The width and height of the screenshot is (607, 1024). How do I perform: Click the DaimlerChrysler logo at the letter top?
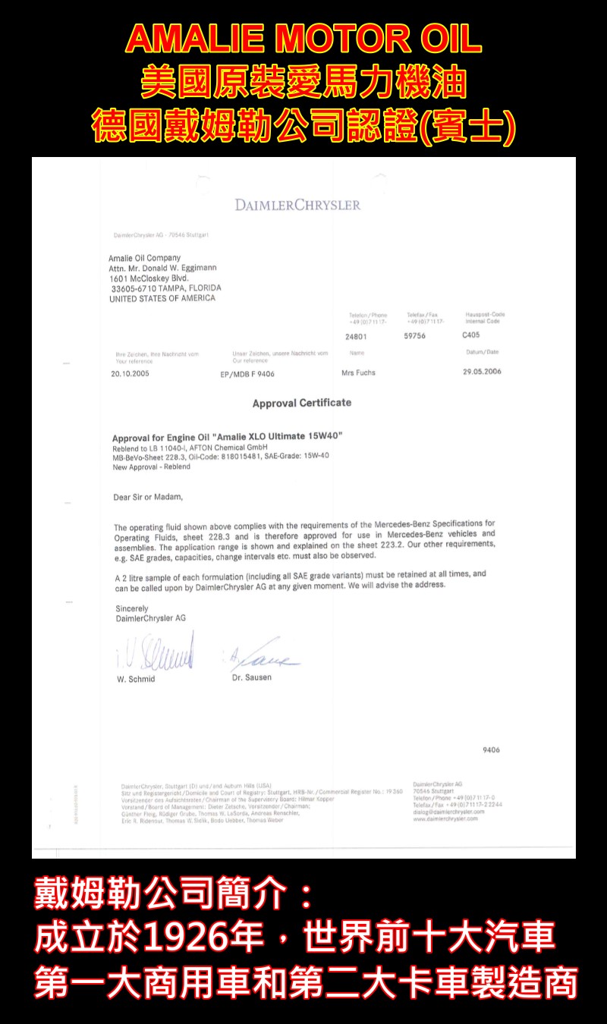[x=297, y=205]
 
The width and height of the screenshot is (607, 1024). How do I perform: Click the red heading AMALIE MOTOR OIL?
[x=303, y=39]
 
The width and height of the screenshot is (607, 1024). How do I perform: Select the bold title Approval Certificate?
[x=302, y=403]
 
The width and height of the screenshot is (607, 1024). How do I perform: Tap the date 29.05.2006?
[x=482, y=372]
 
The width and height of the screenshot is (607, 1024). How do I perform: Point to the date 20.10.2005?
[x=131, y=374]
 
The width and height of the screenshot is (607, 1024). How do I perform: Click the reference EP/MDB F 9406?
[x=247, y=374]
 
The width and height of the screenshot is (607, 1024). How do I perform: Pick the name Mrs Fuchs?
[x=358, y=373]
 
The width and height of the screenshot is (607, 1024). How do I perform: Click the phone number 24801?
[x=356, y=337]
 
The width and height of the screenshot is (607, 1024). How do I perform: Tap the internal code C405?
[x=470, y=335]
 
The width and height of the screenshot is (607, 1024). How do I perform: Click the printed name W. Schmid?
[x=136, y=680]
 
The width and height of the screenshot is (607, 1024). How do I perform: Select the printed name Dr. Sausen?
[x=251, y=677]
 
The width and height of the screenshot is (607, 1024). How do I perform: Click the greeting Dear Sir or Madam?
[x=148, y=498]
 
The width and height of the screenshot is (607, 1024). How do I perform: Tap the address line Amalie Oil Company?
[x=144, y=258]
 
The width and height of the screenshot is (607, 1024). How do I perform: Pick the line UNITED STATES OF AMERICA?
[x=162, y=298]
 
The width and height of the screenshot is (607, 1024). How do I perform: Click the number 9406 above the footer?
[x=491, y=750]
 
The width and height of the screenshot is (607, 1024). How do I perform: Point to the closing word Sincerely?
[x=132, y=608]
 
